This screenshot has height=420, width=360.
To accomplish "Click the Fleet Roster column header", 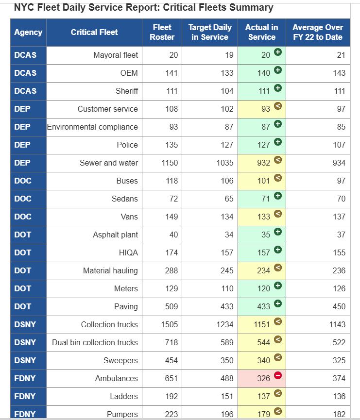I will click(162, 32).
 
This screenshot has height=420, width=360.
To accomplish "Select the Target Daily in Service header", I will click(210, 32).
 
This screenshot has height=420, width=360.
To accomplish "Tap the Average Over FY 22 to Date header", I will click(318, 32).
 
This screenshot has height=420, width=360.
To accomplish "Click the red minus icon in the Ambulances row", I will click(278, 375).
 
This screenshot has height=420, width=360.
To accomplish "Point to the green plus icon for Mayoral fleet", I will click(278, 51).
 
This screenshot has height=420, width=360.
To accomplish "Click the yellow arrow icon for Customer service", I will click(278, 105).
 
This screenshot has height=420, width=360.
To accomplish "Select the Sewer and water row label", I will click(109, 163).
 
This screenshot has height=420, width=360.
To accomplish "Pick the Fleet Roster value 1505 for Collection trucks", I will click(169, 324).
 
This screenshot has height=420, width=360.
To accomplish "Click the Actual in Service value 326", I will click(263, 378).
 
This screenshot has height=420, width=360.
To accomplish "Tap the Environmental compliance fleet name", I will click(92, 127).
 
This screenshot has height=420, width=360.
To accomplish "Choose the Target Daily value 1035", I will click(225, 163).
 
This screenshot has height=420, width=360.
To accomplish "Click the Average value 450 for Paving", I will click(339, 306).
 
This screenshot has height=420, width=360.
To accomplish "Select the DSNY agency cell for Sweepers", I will click(25, 360).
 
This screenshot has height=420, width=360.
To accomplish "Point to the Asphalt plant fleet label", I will click(115, 235).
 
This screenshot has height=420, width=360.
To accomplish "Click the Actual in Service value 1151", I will click(261, 324).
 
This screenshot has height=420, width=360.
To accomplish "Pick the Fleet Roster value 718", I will click(171, 342).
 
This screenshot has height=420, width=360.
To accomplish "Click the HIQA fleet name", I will click(128, 252).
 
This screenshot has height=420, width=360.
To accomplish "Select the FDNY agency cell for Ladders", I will click(25, 396).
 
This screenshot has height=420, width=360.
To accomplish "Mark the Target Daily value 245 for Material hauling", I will click(227, 270).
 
